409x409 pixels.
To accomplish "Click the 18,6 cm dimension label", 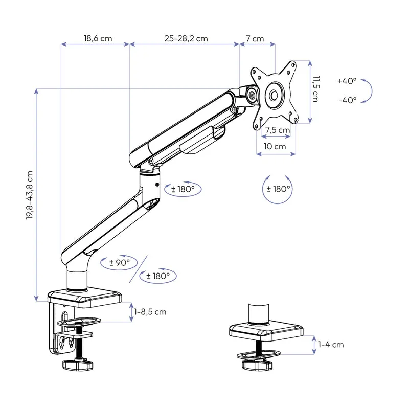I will click(98, 38).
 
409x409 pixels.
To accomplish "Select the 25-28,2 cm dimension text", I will click(186, 38).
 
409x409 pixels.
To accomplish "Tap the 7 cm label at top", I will click(255, 38).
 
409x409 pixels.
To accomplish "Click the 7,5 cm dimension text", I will click(278, 130).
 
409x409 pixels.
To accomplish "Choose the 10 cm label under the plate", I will click(275, 146).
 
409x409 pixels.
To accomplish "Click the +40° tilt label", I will click(347, 81).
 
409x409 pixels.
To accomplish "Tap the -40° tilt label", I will click(347, 100).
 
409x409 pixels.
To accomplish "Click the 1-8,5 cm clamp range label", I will click(150, 311).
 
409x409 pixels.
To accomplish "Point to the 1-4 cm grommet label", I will click(331, 344).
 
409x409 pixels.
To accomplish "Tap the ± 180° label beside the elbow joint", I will click(183, 189).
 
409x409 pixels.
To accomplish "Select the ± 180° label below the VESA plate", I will click(279, 189).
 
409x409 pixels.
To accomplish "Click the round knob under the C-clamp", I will click(77, 366).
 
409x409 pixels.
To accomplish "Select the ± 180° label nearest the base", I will click(158, 276).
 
